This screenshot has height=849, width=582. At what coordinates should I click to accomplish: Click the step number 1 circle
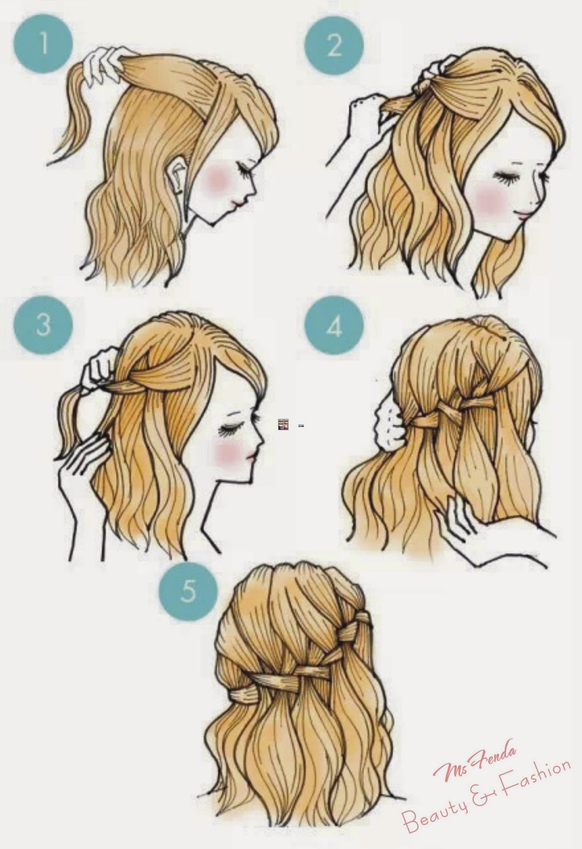tap(43, 44)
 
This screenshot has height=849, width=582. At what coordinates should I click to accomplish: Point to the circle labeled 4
tap(334, 326)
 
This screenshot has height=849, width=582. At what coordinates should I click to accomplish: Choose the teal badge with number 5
tap(188, 591)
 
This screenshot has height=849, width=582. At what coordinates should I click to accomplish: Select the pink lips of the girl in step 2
tap(526, 215)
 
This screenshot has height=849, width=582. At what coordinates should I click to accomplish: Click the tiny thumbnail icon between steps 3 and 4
tap(283, 424)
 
